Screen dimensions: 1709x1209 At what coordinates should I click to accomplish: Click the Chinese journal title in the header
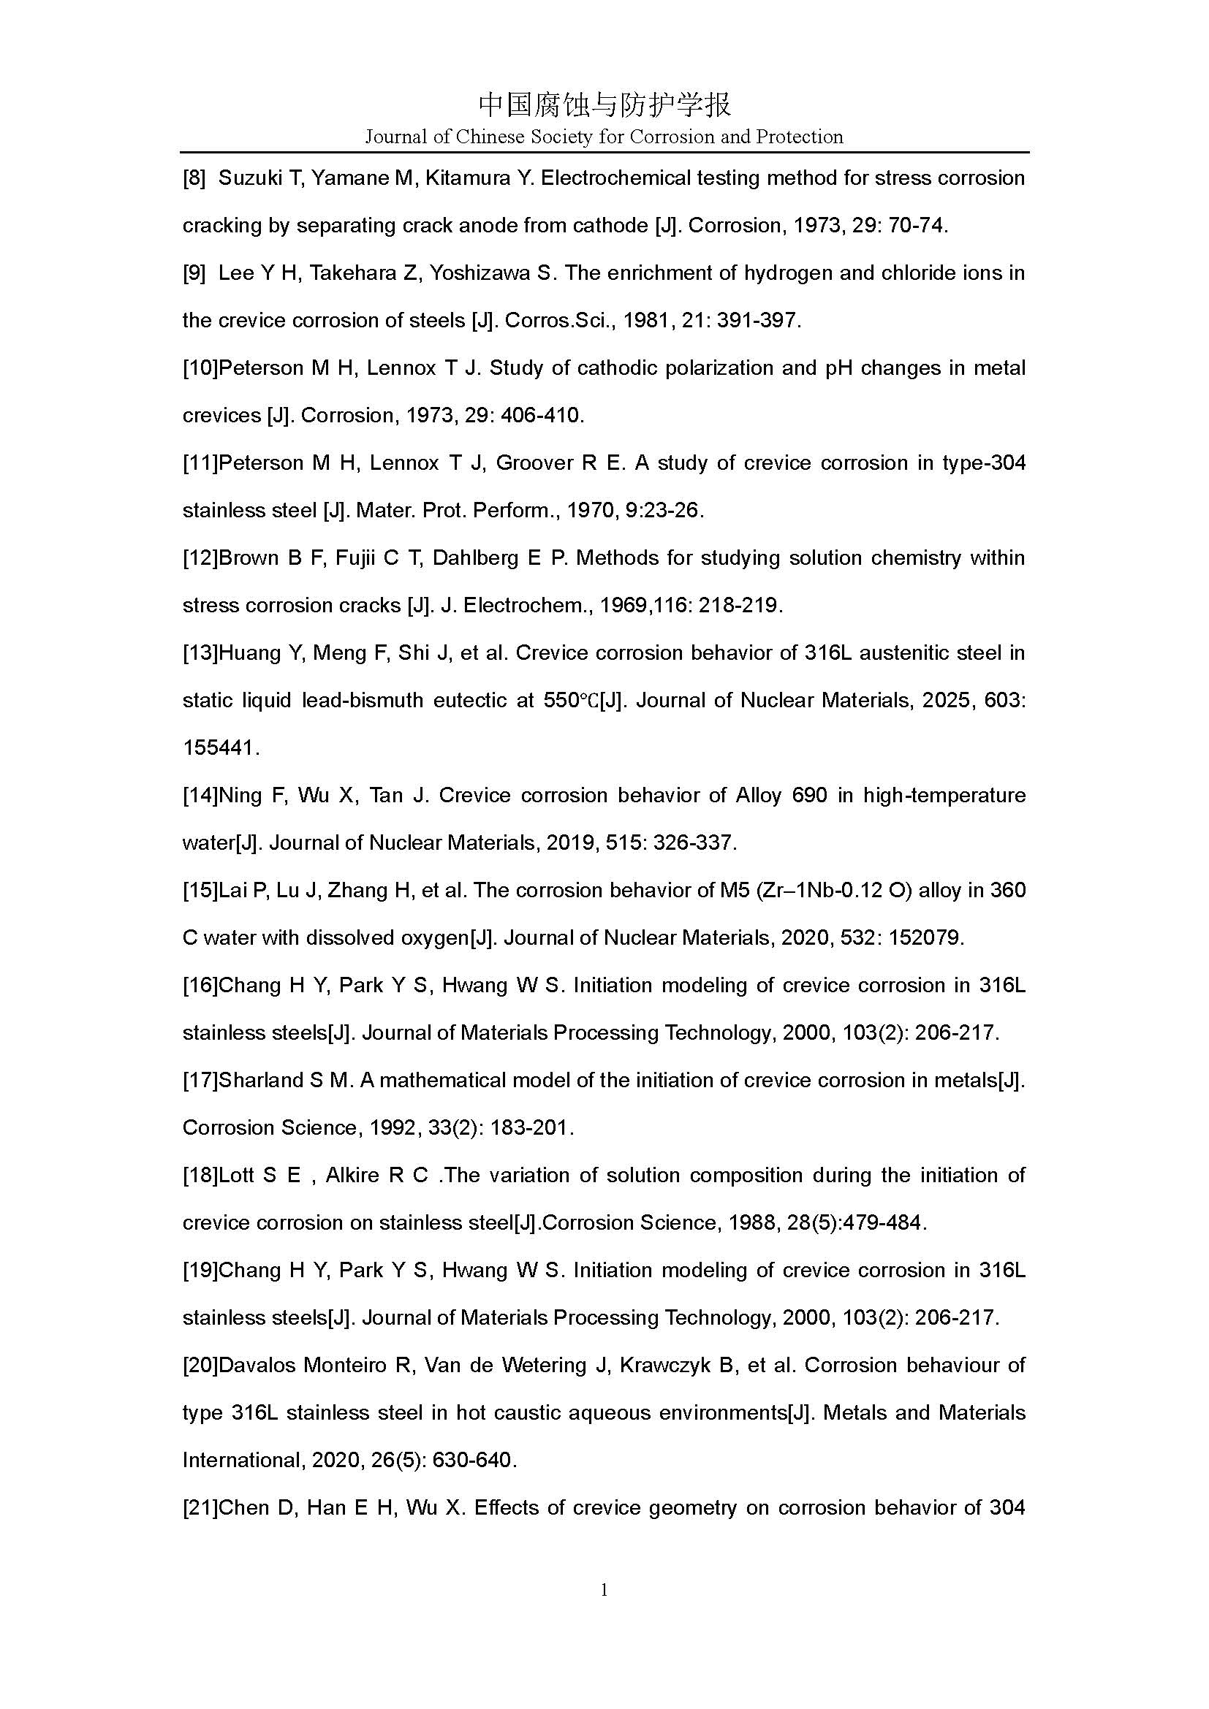pos(604,105)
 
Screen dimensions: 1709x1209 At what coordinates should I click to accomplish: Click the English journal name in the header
pos(604,137)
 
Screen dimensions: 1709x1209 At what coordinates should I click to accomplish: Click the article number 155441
pos(219,748)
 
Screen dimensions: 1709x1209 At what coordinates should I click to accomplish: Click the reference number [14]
pos(200,796)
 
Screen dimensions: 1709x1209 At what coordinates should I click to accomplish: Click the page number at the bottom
pos(604,1591)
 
